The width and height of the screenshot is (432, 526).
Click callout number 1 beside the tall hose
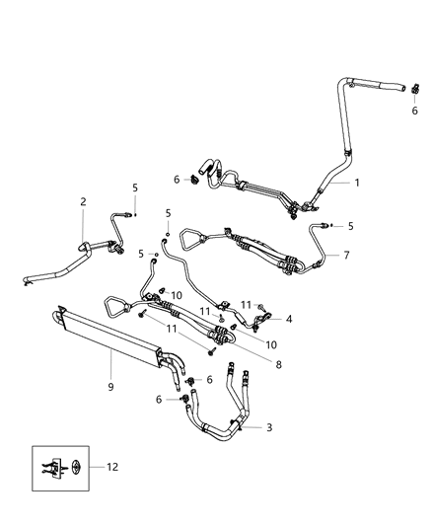[x=358, y=182]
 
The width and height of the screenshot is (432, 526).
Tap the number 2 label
[x=83, y=201]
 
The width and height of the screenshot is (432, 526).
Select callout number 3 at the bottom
[x=270, y=427]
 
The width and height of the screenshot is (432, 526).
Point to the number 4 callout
[x=289, y=319]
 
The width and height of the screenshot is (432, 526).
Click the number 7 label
[x=345, y=256]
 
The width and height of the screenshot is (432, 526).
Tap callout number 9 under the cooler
[x=111, y=387]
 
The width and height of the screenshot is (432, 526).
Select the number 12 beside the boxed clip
[x=111, y=467]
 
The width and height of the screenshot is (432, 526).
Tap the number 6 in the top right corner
[x=414, y=111]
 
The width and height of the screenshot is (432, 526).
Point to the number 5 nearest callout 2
[x=135, y=187]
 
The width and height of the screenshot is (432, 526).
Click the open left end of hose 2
[x=31, y=284]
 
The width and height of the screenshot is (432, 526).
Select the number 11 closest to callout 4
[x=247, y=305]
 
